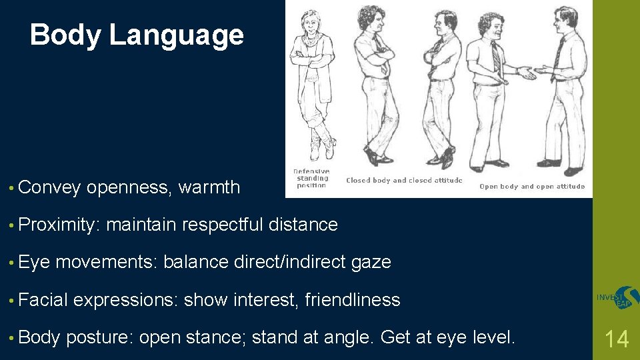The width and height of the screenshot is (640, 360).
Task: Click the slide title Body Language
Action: pyautogui.click(x=137, y=35)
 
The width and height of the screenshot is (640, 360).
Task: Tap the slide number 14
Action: pyautogui.click(x=616, y=339)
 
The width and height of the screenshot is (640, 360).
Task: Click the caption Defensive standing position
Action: pyautogui.click(x=311, y=178)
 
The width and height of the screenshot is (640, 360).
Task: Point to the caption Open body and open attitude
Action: pyautogui.click(x=532, y=186)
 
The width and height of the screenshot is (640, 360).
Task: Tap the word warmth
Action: pyautogui.click(x=209, y=188)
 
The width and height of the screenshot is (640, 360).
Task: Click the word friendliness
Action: pyautogui.click(x=353, y=301)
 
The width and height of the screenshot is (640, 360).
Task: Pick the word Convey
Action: pyautogui.click(x=50, y=188)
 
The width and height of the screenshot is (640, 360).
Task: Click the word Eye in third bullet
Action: pyautogui.click(x=35, y=263)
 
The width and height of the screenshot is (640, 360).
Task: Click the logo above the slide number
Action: pyautogui.click(x=617, y=298)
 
